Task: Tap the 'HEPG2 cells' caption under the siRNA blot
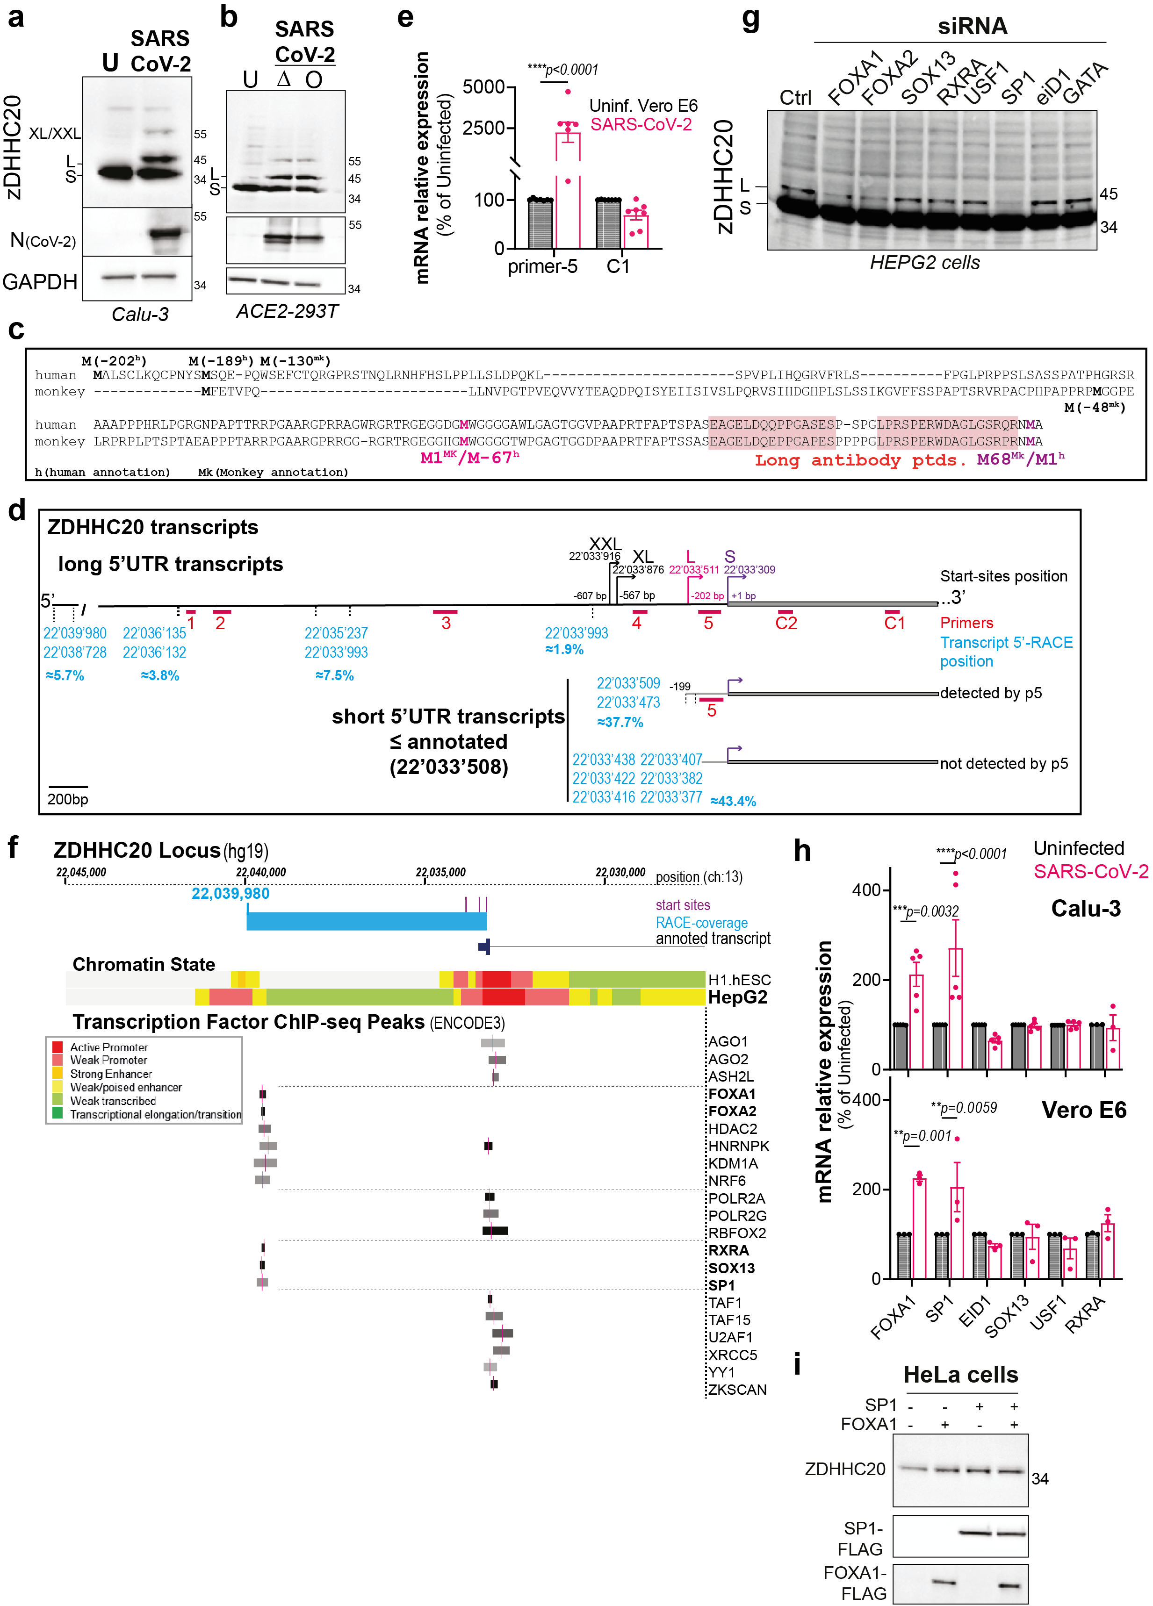[924, 263]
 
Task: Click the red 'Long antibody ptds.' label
[860, 460]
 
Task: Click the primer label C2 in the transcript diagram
[785, 623]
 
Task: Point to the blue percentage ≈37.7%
[620, 722]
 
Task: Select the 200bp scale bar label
[68, 799]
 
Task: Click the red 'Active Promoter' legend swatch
[58, 1047]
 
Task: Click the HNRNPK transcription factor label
[739, 1146]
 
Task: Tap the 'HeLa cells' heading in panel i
[960, 1375]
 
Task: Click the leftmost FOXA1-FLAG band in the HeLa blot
[944, 1582]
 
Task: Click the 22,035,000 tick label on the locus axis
[440, 872]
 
